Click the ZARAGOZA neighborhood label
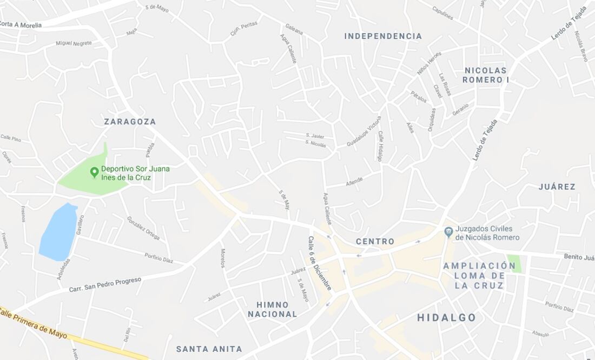pyautogui.click(x=130, y=122)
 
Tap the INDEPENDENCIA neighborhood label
pyautogui.click(x=383, y=36)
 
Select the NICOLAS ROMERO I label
pyautogui.click(x=486, y=75)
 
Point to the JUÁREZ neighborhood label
pyautogui.click(x=557, y=187)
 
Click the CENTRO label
pyautogui.click(x=375, y=242)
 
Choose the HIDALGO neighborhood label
pyautogui.click(x=446, y=318)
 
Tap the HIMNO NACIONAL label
pyautogui.click(x=273, y=310)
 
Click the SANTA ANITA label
pyautogui.click(x=209, y=349)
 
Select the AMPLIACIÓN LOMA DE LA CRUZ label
pyautogui.click(x=479, y=275)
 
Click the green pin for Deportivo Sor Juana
pyautogui.click(x=94, y=172)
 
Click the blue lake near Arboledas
pyautogui.click(x=58, y=232)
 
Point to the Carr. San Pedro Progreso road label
pyautogui.click(x=105, y=285)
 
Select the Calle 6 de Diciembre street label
pyautogui.click(x=319, y=264)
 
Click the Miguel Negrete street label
pyautogui.click(x=74, y=43)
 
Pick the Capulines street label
pyautogui.click(x=442, y=13)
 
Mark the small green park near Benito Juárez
pyautogui.click(x=514, y=263)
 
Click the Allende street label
pyautogui.click(x=354, y=181)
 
